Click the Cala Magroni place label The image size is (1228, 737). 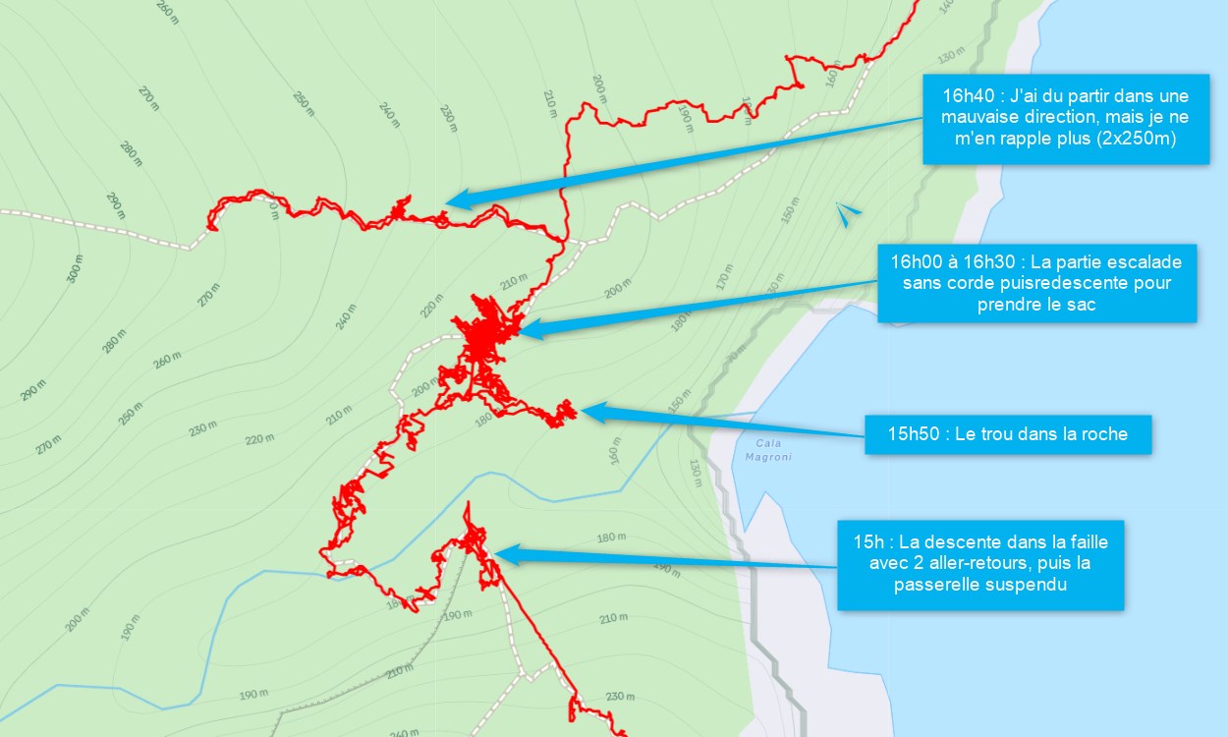click(768, 449)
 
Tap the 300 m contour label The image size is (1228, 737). click(75, 268)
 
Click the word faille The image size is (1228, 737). click(1087, 541)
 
